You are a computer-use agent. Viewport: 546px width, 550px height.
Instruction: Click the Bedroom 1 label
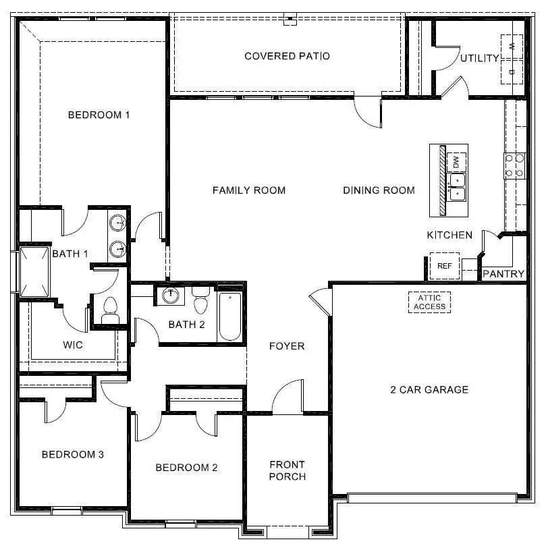pos(99,115)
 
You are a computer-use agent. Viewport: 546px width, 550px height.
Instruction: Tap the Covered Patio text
pos(287,56)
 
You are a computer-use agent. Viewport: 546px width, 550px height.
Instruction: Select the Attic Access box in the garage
pos(430,302)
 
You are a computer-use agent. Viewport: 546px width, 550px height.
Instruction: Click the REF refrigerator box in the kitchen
pos(444,266)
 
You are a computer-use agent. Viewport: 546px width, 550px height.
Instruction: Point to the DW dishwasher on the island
pos(457,162)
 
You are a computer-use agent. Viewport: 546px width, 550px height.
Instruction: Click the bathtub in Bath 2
pos(229,315)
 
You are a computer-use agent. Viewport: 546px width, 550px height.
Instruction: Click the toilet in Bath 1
pos(109,310)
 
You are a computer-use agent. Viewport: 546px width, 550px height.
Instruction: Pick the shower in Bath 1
pos(34,272)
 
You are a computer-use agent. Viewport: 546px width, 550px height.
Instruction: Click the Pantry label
pos(503,274)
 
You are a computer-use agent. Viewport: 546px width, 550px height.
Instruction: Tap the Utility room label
pos(480,59)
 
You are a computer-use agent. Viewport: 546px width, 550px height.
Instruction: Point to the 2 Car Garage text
pos(429,389)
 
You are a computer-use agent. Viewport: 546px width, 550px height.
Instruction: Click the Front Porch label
pos(287,470)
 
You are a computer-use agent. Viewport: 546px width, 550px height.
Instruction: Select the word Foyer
pos(287,346)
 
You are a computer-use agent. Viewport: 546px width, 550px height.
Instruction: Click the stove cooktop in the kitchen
pos(515,166)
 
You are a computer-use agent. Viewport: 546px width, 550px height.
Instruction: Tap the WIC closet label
pos(73,346)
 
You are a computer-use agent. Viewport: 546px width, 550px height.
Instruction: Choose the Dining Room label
pos(379,190)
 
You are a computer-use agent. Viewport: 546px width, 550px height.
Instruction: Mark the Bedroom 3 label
pos(72,454)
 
